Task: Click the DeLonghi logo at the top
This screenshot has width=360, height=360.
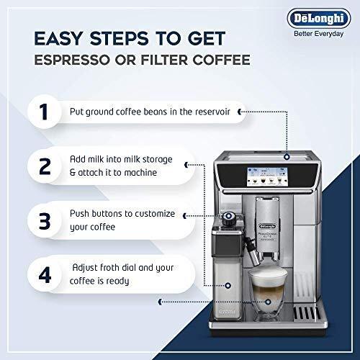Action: [x=319, y=19]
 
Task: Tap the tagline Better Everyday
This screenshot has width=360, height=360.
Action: [x=319, y=34]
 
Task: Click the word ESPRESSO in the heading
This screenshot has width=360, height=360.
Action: [x=72, y=60]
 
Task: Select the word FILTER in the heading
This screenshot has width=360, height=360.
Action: [x=164, y=60]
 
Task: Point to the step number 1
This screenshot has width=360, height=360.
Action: [x=44, y=112]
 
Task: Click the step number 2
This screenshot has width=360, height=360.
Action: [x=45, y=166]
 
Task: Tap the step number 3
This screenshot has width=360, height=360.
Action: [x=45, y=221]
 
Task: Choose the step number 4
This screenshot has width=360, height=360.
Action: [x=45, y=275]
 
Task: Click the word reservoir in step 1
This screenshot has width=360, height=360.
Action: [x=212, y=112]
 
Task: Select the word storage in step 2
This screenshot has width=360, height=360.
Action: [x=158, y=159]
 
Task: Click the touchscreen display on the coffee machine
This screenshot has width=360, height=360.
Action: [x=267, y=176]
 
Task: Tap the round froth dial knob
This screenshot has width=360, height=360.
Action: [x=229, y=217]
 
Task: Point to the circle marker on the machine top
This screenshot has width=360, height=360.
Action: [x=287, y=157]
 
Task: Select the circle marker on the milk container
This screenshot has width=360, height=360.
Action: [x=228, y=286]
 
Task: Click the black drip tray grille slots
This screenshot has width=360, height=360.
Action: [x=307, y=313]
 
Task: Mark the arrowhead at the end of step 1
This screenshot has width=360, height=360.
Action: [x=239, y=112]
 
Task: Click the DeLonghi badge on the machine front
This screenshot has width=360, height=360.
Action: [x=268, y=226]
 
